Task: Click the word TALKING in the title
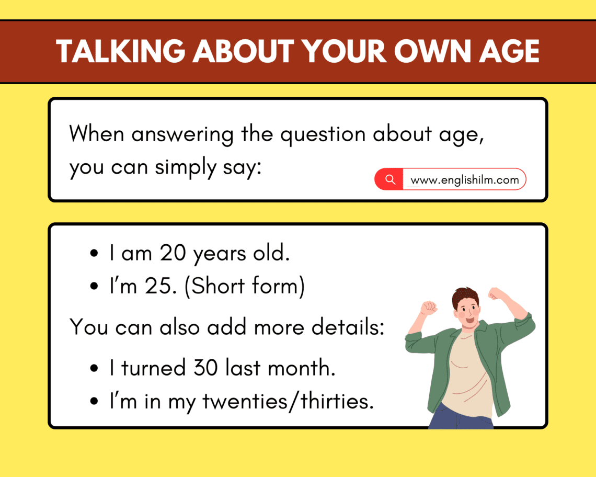tap(122, 51)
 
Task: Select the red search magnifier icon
tap(389, 179)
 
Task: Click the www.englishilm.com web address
tap(464, 180)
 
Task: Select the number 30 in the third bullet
tap(205, 368)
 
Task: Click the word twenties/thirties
tap(288, 402)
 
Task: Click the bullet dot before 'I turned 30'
tap(95, 369)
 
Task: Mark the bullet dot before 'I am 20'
tap(95, 254)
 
